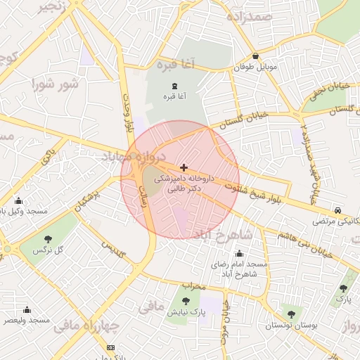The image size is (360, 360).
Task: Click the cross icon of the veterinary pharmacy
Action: tap(184, 167)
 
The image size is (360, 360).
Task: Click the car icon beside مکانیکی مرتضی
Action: tap(338, 210)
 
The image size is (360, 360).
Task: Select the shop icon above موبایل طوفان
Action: tap(255, 56)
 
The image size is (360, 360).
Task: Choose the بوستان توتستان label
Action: tap(290, 326)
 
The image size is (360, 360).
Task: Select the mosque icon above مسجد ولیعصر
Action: tap(27, 309)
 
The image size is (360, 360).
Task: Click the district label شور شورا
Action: tap(53, 84)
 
